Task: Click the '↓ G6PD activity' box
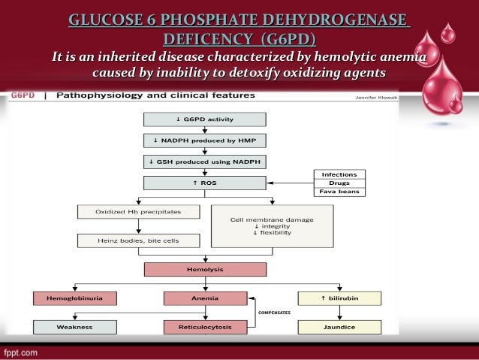coord(204,119)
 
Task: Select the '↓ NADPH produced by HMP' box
coord(204,141)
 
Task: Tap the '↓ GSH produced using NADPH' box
coord(204,162)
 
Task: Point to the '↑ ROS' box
coord(204,183)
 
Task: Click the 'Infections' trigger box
coord(339,174)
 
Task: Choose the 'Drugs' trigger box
coord(339,183)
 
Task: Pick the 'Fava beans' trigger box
coord(339,192)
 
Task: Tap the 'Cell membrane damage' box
coord(272,225)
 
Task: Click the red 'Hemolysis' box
coord(204,269)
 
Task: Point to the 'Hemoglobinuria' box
coord(75,298)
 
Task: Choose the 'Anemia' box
coord(204,298)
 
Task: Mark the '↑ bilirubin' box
coord(339,298)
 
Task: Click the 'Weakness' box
coord(75,327)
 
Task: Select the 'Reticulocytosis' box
coord(204,327)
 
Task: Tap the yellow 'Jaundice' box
coord(339,327)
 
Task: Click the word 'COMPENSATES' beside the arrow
coord(275,311)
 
